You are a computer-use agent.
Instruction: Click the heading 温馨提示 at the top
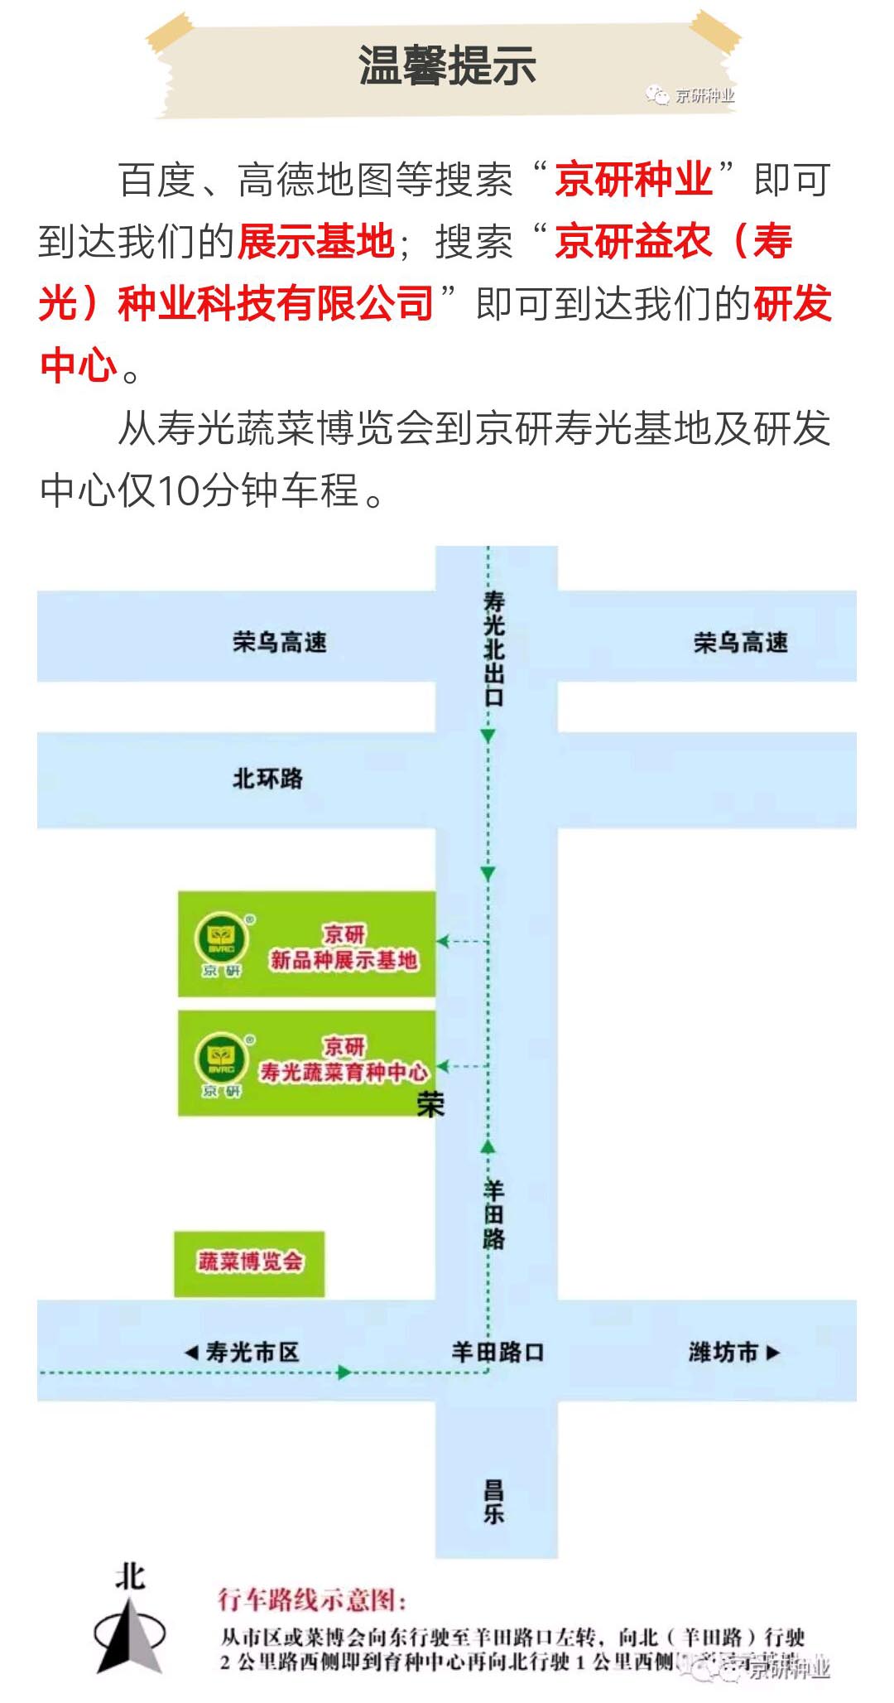click(447, 65)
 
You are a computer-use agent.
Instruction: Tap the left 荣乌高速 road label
click(280, 642)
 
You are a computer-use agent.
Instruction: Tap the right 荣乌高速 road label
click(741, 642)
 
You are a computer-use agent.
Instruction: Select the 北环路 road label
click(267, 779)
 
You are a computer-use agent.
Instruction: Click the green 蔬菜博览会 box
click(249, 1262)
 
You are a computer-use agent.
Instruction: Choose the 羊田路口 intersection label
click(497, 1352)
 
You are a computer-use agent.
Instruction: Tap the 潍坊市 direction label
click(733, 1352)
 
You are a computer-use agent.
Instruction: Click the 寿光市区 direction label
click(243, 1352)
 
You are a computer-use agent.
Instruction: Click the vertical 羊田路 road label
click(493, 1215)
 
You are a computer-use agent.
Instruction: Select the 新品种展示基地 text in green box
click(344, 960)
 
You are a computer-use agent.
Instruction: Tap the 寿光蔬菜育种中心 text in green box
click(344, 1072)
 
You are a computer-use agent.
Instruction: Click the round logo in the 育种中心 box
click(221, 1059)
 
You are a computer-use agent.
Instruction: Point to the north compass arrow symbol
click(130, 1633)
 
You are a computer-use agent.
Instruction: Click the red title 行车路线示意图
click(312, 1599)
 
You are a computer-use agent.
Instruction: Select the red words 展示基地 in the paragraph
click(316, 242)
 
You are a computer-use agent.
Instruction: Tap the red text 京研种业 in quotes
click(633, 180)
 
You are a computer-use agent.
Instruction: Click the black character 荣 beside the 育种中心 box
click(431, 1105)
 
